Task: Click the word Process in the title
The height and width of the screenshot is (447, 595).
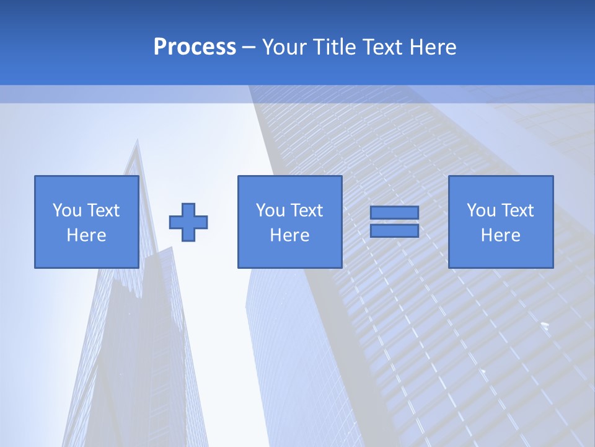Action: [x=195, y=47]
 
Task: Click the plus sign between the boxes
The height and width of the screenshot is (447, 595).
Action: [x=188, y=222]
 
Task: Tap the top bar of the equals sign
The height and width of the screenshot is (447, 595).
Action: [x=394, y=212]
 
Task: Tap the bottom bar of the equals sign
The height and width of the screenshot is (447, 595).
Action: [x=394, y=230]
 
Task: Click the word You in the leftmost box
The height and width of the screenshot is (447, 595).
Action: [x=67, y=210]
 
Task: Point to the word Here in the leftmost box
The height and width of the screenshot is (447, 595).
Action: [x=86, y=235]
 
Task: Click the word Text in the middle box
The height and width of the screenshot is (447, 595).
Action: [x=307, y=210]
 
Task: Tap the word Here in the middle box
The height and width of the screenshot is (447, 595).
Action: [x=289, y=235]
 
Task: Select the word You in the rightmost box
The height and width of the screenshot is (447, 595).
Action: [x=481, y=210]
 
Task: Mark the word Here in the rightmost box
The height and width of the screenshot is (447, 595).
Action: [x=500, y=235]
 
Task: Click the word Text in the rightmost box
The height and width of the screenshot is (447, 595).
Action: [x=518, y=210]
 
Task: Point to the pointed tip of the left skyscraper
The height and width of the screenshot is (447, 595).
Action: [x=136, y=142]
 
